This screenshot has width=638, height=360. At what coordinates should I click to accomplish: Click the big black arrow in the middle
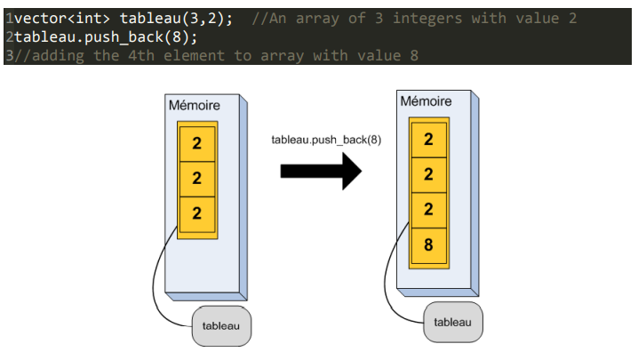pyautogui.click(x=320, y=170)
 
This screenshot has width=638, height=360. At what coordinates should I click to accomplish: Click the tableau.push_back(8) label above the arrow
pyautogui.click(x=325, y=140)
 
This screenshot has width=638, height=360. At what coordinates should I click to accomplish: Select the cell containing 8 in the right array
pyautogui.click(x=428, y=244)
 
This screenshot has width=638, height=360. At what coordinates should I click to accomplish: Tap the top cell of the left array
pyautogui.click(x=196, y=142)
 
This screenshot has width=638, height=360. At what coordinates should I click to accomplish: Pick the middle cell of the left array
pyautogui.click(x=196, y=178)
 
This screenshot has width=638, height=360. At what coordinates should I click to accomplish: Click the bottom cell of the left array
pyautogui.click(x=196, y=212)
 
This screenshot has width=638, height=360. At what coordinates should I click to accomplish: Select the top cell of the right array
pyautogui.click(x=428, y=140)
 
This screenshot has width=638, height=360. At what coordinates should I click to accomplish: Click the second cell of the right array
pyautogui.click(x=428, y=175)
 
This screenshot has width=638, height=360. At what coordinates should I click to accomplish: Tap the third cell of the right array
pyautogui.click(x=428, y=210)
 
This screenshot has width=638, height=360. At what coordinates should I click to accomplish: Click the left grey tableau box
pyautogui.click(x=220, y=326)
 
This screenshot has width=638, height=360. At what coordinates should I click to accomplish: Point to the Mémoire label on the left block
pyautogui.click(x=194, y=106)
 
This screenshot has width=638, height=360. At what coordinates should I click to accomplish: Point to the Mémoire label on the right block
pyautogui.click(x=426, y=102)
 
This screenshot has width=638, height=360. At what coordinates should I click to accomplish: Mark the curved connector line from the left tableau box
pyautogui.click(x=160, y=284)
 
